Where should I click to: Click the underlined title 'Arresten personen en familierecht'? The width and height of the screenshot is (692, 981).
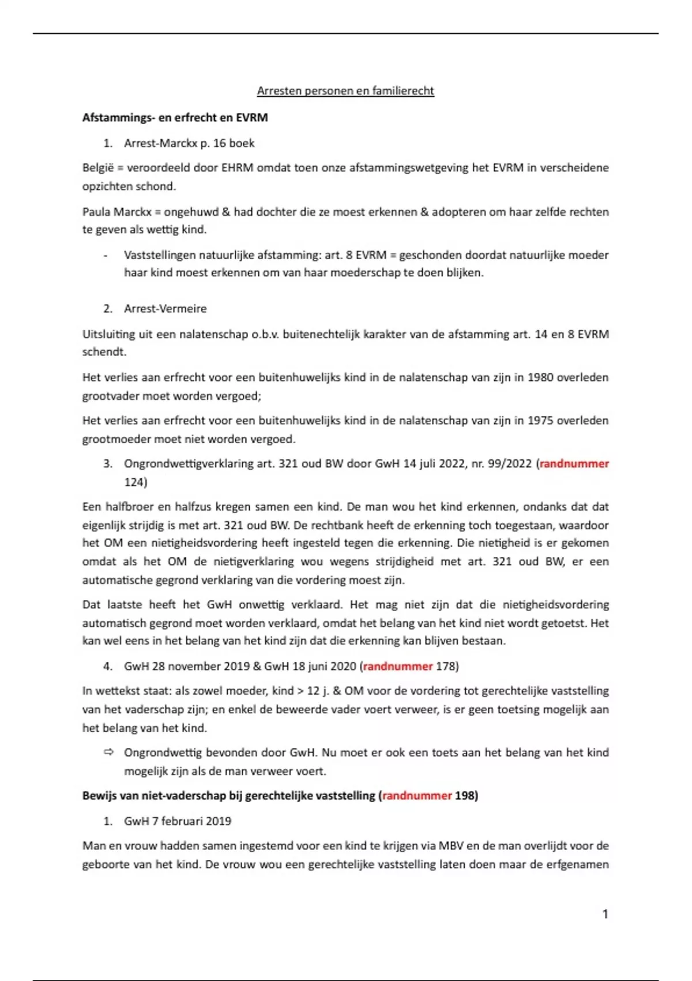tap(345, 91)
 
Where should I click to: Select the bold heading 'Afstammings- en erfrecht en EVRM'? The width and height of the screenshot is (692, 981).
tap(175, 118)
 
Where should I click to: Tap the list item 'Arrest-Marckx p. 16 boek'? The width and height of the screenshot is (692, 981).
tap(189, 143)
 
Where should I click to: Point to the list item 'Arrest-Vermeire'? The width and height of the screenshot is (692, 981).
tap(165, 309)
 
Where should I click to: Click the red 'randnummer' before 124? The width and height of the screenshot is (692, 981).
tap(574, 463)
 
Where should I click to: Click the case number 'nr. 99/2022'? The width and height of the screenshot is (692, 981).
tap(501, 463)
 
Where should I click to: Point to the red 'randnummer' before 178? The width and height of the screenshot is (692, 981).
tap(398, 666)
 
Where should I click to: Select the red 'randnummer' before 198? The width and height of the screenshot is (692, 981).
tap(417, 796)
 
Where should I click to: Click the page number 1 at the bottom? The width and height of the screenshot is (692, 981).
tap(605, 913)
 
